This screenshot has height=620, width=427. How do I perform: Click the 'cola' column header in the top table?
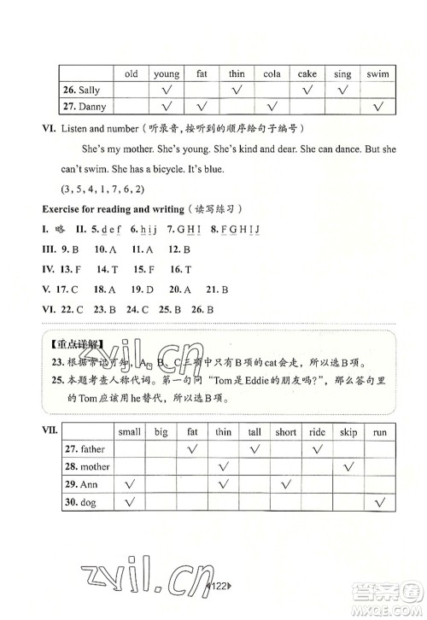272,74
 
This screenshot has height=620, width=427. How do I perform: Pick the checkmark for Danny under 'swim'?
377,107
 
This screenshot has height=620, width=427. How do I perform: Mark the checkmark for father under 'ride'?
317,449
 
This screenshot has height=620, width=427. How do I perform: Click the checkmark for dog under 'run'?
380,501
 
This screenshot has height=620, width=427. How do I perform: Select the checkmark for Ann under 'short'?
286,484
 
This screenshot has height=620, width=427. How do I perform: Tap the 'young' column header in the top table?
167,74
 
